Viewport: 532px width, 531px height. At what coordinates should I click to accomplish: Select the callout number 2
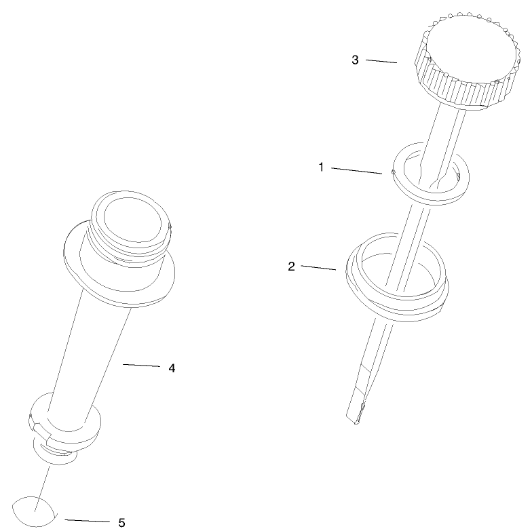click(x=291, y=266)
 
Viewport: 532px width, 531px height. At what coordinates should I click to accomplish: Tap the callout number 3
click(x=355, y=60)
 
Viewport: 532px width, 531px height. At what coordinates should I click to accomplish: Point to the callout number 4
click(x=172, y=368)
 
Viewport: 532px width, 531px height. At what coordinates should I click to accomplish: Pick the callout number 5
click(x=121, y=522)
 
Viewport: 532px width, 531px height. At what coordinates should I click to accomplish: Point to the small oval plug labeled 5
click(x=34, y=511)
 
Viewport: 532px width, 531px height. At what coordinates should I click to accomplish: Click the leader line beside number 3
click(x=381, y=61)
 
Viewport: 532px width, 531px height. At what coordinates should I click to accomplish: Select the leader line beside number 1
click(x=356, y=170)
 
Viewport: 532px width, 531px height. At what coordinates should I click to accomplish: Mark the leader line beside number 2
click(x=318, y=268)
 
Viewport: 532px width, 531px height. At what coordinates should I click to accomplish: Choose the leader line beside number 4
click(x=140, y=366)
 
